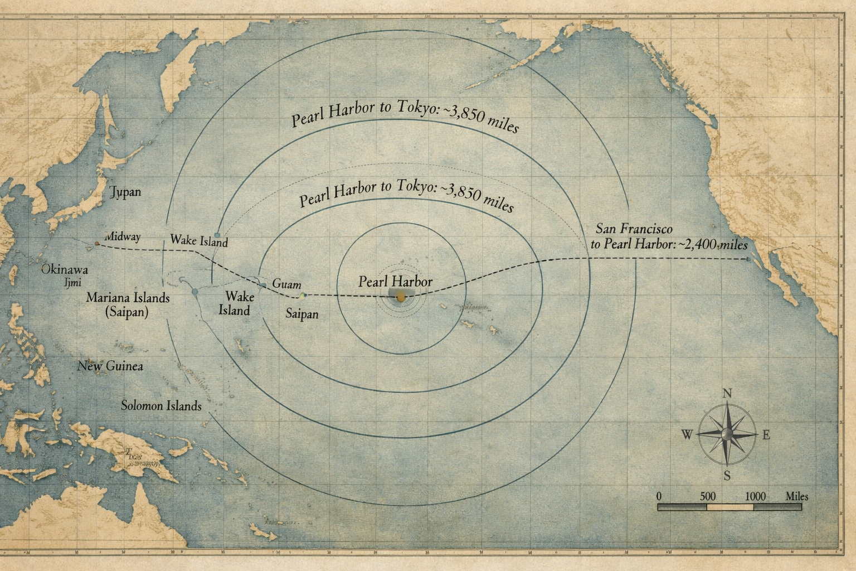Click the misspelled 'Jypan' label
pyautogui.click(x=125, y=192)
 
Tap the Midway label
pyautogui.click(x=123, y=237)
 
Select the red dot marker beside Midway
pyautogui.click(x=97, y=244)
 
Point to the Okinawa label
pyautogui.click(x=65, y=269)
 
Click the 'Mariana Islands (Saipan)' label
pyautogui.click(x=128, y=304)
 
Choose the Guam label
pyautogui.click(x=286, y=284)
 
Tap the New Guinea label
pyautogui.click(x=110, y=366)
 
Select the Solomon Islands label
pyautogui.click(x=161, y=405)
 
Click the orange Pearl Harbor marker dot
pyautogui.click(x=401, y=298)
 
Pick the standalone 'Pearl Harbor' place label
pyautogui.click(x=395, y=282)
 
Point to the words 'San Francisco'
pyautogui.click(x=634, y=229)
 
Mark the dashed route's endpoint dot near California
pyautogui.click(x=748, y=259)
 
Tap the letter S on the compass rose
pyautogui.click(x=727, y=476)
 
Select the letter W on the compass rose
pyautogui.click(x=687, y=435)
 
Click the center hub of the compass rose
pyautogui.click(x=727, y=434)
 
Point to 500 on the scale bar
pyautogui.click(x=707, y=496)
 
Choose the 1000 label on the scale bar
pyautogui.click(x=755, y=496)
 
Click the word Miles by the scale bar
pyautogui.click(x=797, y=496)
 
